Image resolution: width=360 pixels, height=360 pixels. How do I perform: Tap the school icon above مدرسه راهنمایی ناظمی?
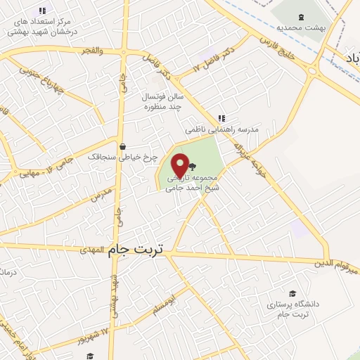[221, 118]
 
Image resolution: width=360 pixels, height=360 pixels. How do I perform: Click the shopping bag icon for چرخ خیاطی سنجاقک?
[124, 147]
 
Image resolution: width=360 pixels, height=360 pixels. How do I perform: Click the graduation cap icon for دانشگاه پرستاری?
[292, 293]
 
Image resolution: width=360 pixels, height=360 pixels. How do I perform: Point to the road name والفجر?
[91, 51]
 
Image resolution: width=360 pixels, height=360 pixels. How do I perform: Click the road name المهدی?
[91, 250]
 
